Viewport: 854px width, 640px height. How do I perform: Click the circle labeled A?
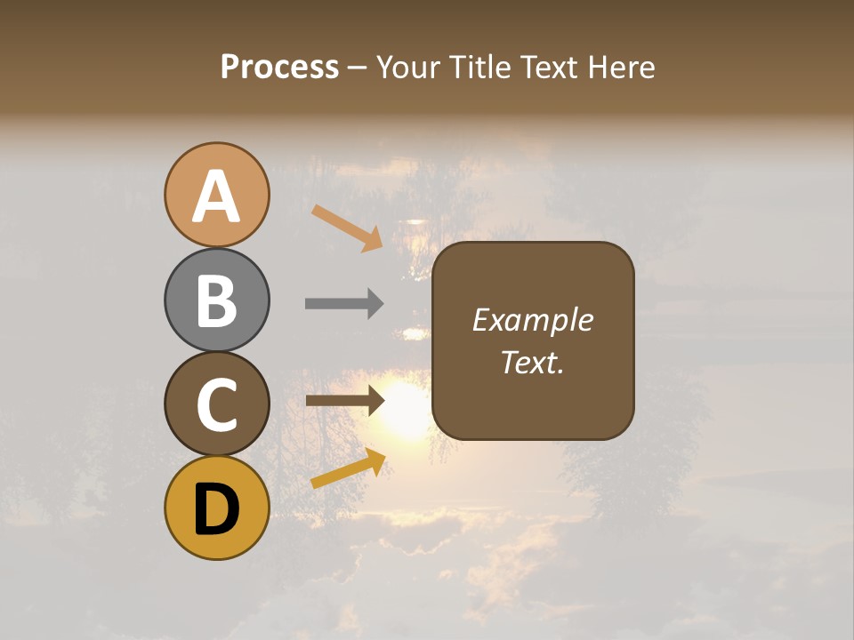217,195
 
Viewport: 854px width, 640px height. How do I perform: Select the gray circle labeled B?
217,300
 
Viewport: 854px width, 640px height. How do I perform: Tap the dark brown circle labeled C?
217,404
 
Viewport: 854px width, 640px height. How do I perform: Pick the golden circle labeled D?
217,508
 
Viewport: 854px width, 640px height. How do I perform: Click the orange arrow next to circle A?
347,228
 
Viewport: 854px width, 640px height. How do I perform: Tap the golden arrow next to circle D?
348,468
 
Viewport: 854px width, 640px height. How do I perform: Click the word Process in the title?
279,67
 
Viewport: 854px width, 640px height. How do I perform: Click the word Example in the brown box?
532,320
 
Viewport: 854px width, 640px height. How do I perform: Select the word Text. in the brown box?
532,362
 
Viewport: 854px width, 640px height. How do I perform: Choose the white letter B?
217,300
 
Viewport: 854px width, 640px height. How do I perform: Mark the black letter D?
217,509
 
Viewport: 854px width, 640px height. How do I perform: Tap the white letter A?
217,196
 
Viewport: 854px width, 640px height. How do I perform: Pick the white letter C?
217,404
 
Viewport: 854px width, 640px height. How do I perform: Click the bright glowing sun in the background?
407,411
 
